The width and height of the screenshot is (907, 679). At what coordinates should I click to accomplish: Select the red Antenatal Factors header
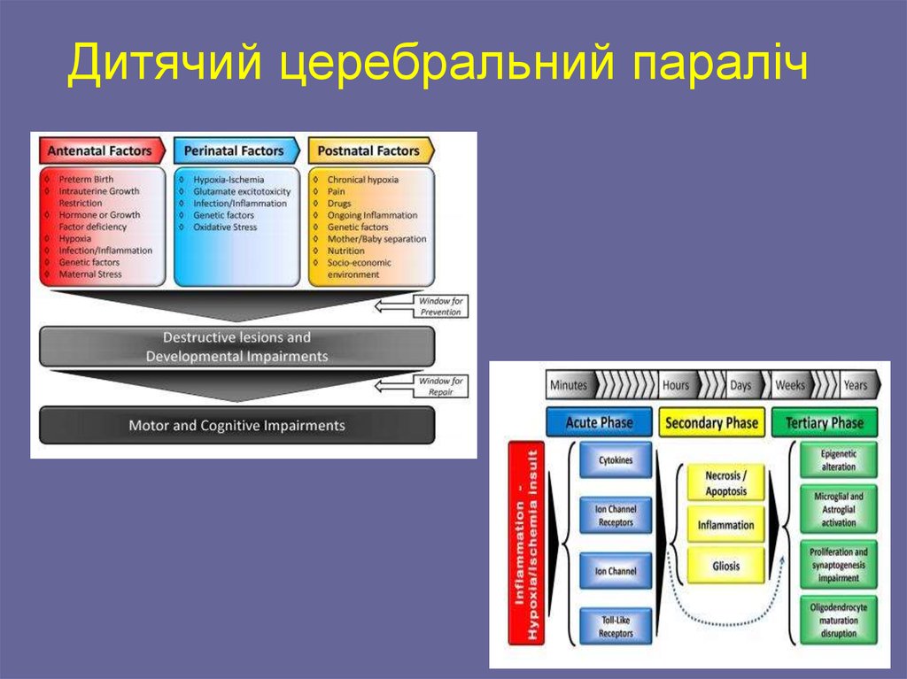tap(99, 150)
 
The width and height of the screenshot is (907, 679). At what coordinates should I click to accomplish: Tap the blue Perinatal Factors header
tap(234, 150)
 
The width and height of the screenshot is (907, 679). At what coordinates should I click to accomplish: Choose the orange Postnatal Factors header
tap(368, 150)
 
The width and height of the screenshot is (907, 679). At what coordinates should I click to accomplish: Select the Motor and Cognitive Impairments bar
tap(236, 426)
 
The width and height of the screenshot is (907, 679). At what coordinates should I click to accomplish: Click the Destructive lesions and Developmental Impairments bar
tap(236, 346)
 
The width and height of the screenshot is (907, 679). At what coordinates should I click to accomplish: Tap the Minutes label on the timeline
tap(569, 385)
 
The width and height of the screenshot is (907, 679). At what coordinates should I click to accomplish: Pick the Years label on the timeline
tap(856, 385)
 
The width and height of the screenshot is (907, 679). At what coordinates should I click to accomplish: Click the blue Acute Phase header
tap(599, 422)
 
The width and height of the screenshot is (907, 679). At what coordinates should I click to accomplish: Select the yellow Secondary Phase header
tap(711, 422)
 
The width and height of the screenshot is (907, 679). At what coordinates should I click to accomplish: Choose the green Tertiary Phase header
tap(824, 422)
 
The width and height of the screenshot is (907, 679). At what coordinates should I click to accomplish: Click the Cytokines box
tap(615, 461)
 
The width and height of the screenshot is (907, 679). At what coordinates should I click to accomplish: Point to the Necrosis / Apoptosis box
tap(725, 483)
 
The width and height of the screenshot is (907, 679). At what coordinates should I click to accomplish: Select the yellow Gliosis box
tap(725, 566)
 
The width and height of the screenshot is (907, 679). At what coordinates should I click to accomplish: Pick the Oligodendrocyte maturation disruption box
tap(838, 620)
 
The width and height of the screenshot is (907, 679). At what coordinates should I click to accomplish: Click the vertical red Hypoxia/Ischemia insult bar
tap(525, 542)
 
